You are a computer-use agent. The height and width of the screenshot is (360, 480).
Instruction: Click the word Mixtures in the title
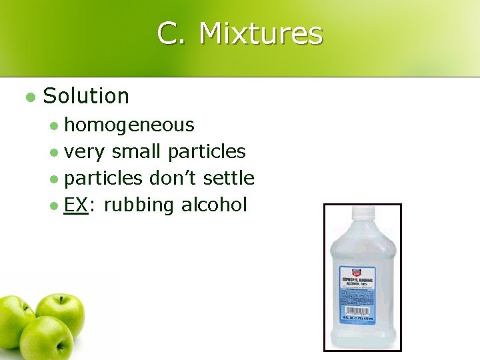click(x=261, y=33)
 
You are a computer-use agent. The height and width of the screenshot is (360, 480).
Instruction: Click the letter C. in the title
click(x=171, y=33)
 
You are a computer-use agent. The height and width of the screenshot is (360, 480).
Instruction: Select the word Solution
click(x=86, y=96)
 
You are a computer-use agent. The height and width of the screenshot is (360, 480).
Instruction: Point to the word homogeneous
click(x=129, y=125)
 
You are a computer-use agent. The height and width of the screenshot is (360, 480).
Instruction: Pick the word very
click(x=85, y=152)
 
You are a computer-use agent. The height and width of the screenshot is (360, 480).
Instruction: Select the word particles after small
click(x=207, y=152)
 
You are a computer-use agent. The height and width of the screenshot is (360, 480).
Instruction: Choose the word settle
click(x=229, y=179)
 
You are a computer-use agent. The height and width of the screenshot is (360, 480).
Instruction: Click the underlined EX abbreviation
click(x=76, y=205)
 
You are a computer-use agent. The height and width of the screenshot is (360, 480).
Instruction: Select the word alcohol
click(x=214, y=205)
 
